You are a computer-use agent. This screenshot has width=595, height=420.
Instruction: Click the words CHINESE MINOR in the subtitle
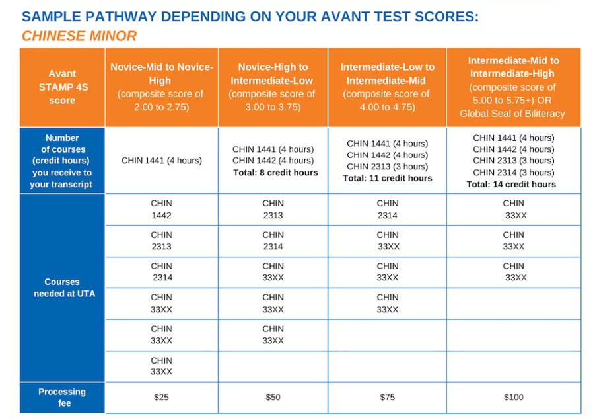79,36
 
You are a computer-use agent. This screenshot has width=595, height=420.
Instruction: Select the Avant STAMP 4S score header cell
62,87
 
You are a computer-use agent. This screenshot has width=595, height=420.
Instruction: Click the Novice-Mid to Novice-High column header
161,87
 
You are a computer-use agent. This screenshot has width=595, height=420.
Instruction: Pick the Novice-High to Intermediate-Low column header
272,87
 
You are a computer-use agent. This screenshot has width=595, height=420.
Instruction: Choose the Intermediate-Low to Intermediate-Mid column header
387,87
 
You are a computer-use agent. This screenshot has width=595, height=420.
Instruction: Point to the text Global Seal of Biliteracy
512,113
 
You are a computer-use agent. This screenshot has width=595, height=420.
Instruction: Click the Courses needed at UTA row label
62,287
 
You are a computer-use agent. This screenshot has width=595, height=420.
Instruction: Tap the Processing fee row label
62,397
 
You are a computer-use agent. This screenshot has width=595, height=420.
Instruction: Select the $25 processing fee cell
161,397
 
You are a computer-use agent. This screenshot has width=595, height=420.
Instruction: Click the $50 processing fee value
273,397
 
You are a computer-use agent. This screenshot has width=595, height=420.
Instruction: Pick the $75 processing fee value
388,397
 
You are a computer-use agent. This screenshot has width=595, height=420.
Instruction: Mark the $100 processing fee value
513,397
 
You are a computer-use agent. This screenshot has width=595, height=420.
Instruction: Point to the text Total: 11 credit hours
388,178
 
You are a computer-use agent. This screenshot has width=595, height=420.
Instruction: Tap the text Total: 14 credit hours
511,184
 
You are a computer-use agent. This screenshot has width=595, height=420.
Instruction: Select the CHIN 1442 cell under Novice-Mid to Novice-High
161,209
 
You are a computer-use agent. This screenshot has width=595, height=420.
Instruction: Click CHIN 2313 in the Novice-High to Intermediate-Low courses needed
273,209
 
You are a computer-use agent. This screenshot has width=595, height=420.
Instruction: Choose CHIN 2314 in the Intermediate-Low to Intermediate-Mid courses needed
388,209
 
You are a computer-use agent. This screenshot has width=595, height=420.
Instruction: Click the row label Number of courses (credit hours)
62,161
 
